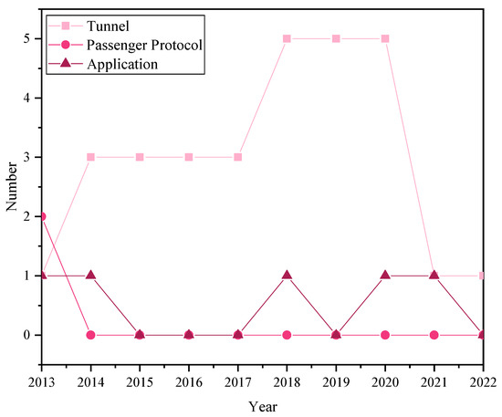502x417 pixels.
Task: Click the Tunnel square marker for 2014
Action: (x=91, y=157)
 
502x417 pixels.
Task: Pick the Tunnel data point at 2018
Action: (x=288, y=38)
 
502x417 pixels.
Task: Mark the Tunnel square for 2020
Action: (x=385, y=38)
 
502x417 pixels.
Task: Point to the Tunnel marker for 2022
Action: (x=483, y=276)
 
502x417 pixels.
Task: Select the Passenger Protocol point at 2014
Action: (x=91, y=335)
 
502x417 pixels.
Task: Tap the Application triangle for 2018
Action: (x=288, y=276)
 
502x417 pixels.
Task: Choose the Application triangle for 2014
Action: (x=91, y=276)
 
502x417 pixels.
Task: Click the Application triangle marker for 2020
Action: (x=385, y=276)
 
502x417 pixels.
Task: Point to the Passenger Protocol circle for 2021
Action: (x=434, y=335)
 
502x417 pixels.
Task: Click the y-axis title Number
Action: (x=12, y=187)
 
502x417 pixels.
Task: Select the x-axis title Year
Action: (x=263, y=406)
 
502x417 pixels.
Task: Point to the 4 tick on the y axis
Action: (x=30, y=98)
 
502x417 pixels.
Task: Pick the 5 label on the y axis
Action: (x=30, y=38)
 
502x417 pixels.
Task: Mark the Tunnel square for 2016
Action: (x=189, y=157)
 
